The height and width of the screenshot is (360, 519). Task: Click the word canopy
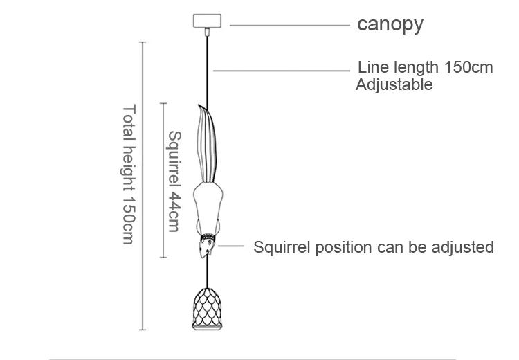(x=390, y=25)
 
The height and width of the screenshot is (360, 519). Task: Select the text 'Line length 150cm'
(x=425, y=68)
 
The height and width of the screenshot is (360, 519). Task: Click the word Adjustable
(x=394, y=85)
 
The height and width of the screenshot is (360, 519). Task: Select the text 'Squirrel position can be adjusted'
(x=374, y=247)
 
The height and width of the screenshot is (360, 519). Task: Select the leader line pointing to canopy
(x=289, y=26)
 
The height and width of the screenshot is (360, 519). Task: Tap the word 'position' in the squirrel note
(x=336, y=247)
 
